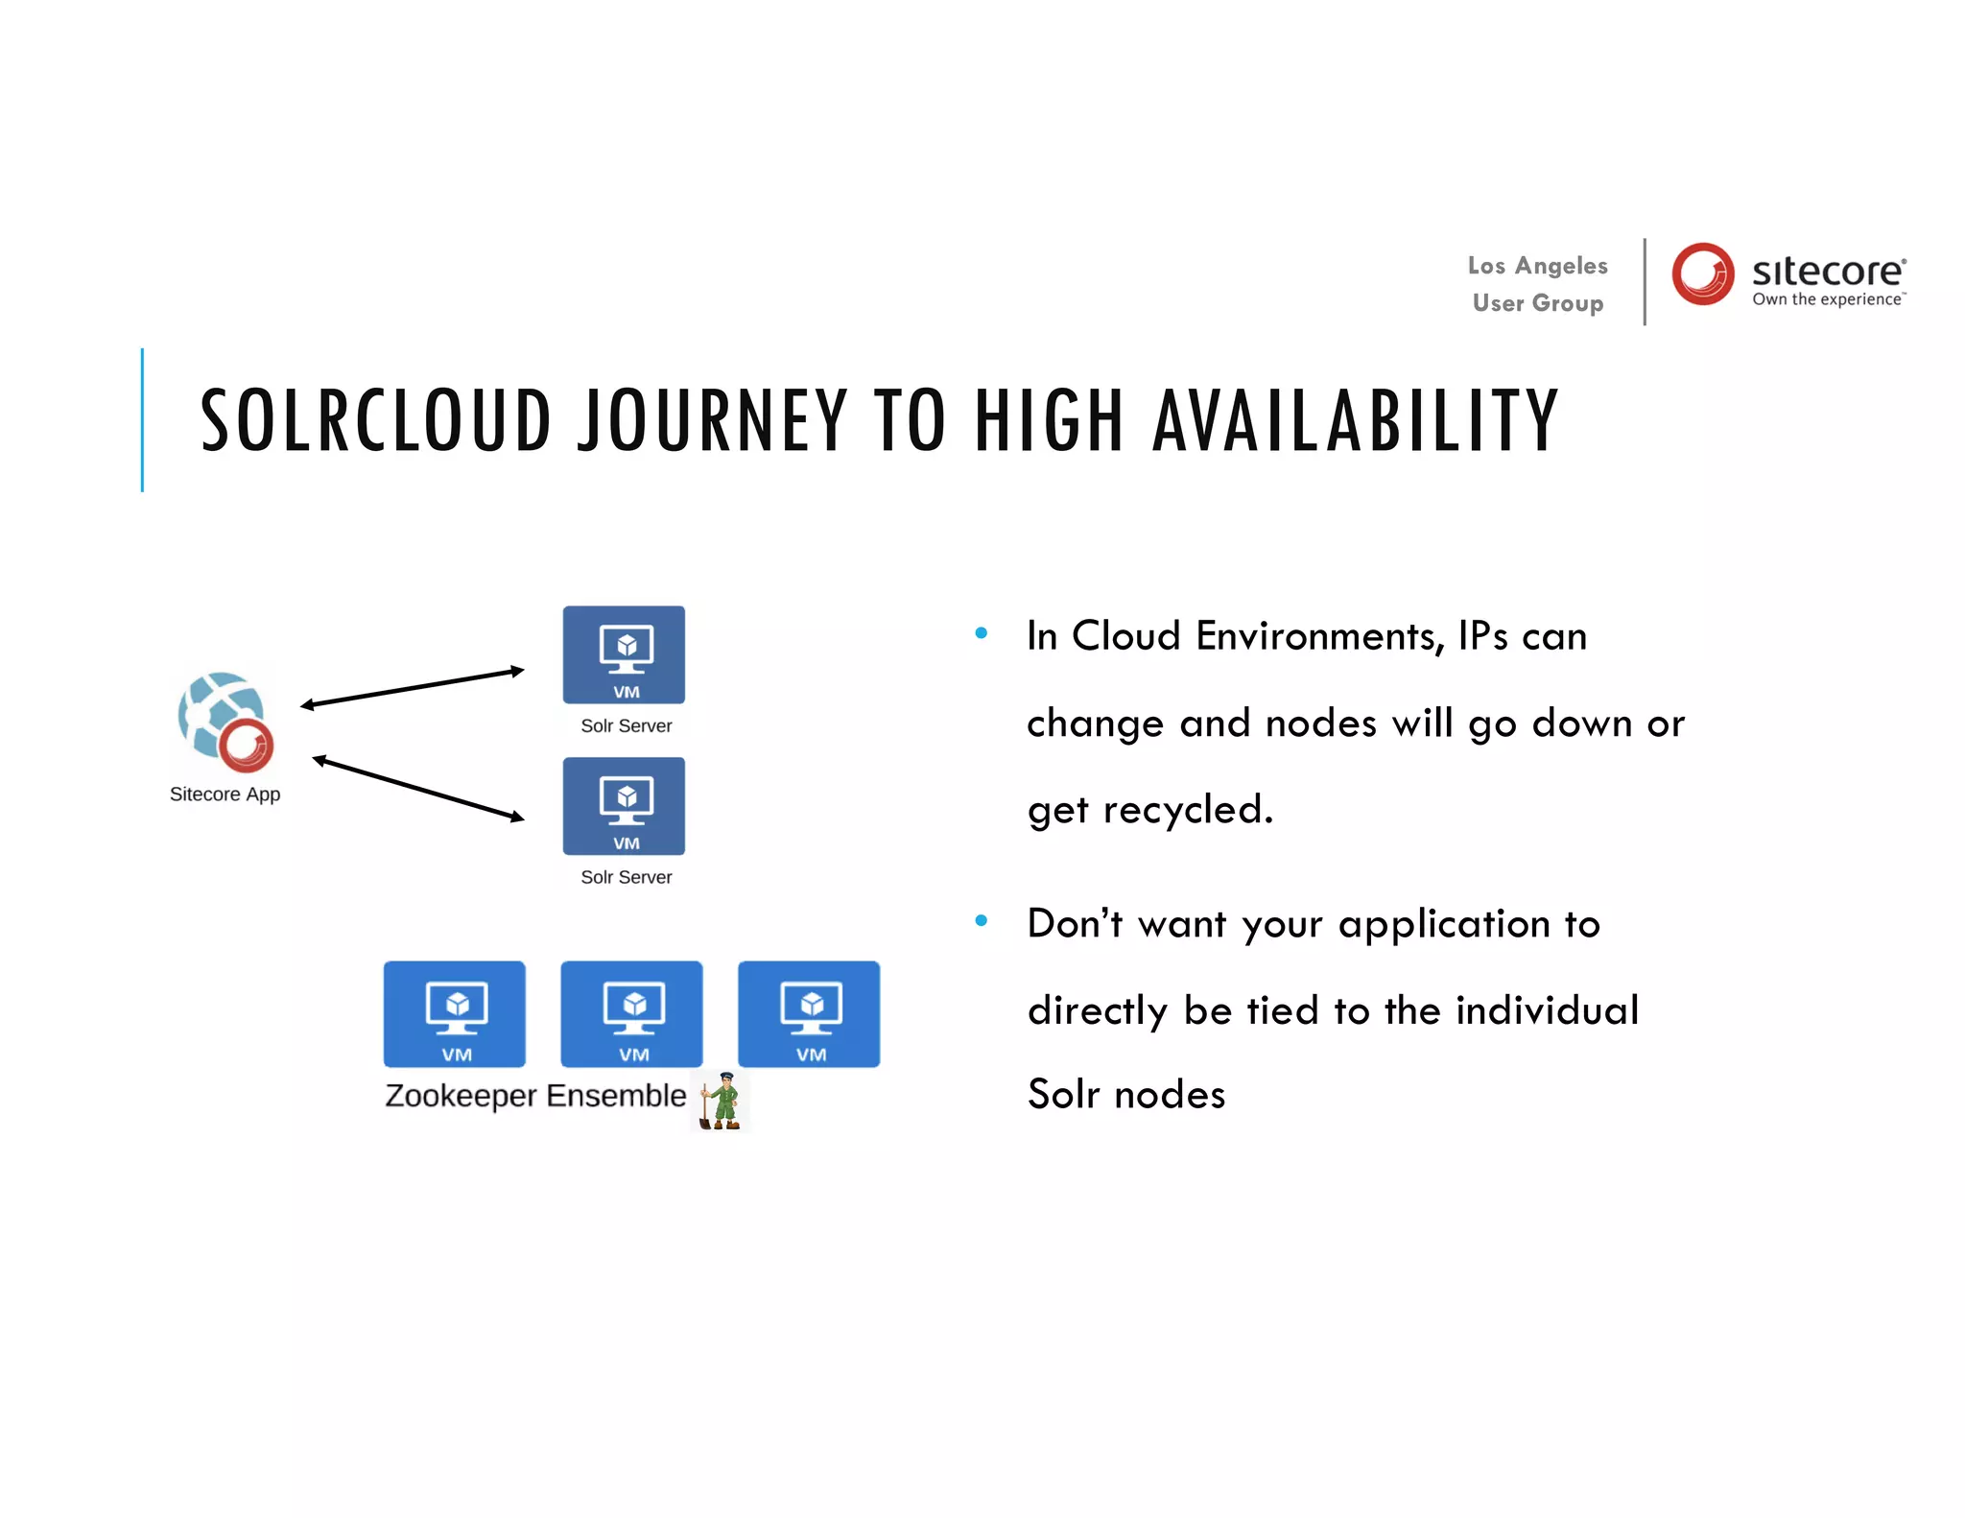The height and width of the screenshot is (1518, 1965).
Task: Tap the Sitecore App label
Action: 225,795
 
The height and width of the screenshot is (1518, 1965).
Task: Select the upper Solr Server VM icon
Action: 624,654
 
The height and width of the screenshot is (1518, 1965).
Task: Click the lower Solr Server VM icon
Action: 624,806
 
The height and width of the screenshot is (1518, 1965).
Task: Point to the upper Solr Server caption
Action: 626,726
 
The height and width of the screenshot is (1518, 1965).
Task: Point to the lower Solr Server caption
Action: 626,877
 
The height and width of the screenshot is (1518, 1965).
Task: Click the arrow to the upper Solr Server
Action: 413,688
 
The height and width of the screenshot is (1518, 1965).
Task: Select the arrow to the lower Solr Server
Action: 418,789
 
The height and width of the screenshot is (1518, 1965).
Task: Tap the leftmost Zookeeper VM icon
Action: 455,1014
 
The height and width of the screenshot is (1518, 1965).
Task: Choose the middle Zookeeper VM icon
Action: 631,1014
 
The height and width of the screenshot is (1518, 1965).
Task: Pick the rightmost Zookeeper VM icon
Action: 809,1014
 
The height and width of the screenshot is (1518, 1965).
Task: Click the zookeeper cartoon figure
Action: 722,1102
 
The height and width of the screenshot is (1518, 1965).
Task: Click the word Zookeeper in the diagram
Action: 461,1096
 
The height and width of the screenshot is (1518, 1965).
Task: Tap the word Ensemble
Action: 616,1096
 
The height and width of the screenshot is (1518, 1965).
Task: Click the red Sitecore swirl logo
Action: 1703,273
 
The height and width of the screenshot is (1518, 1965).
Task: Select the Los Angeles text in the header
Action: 1537,266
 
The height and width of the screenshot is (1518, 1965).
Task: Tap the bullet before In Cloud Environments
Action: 981,633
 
